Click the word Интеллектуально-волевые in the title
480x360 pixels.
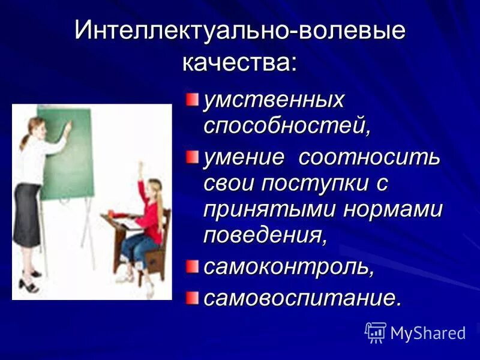pyautogui.click(x=240, y=31)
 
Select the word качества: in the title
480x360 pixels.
pyautogui.click(x=240, y=62)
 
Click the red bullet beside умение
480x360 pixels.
pyautogui.click(x=191, y=157)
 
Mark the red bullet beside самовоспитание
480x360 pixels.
pyautogui.click(x=191, y=296)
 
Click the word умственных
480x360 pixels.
pyautogui.click(x=274, y=100)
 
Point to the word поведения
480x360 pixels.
pyautogui.click(x=265, y=235)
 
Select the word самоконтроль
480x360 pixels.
pyautogui.click(x=289, y=267)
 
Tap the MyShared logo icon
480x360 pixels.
pyautogui.click(x=376, y=332)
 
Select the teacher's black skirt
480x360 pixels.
pyautogui.click(x=27, y=216)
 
